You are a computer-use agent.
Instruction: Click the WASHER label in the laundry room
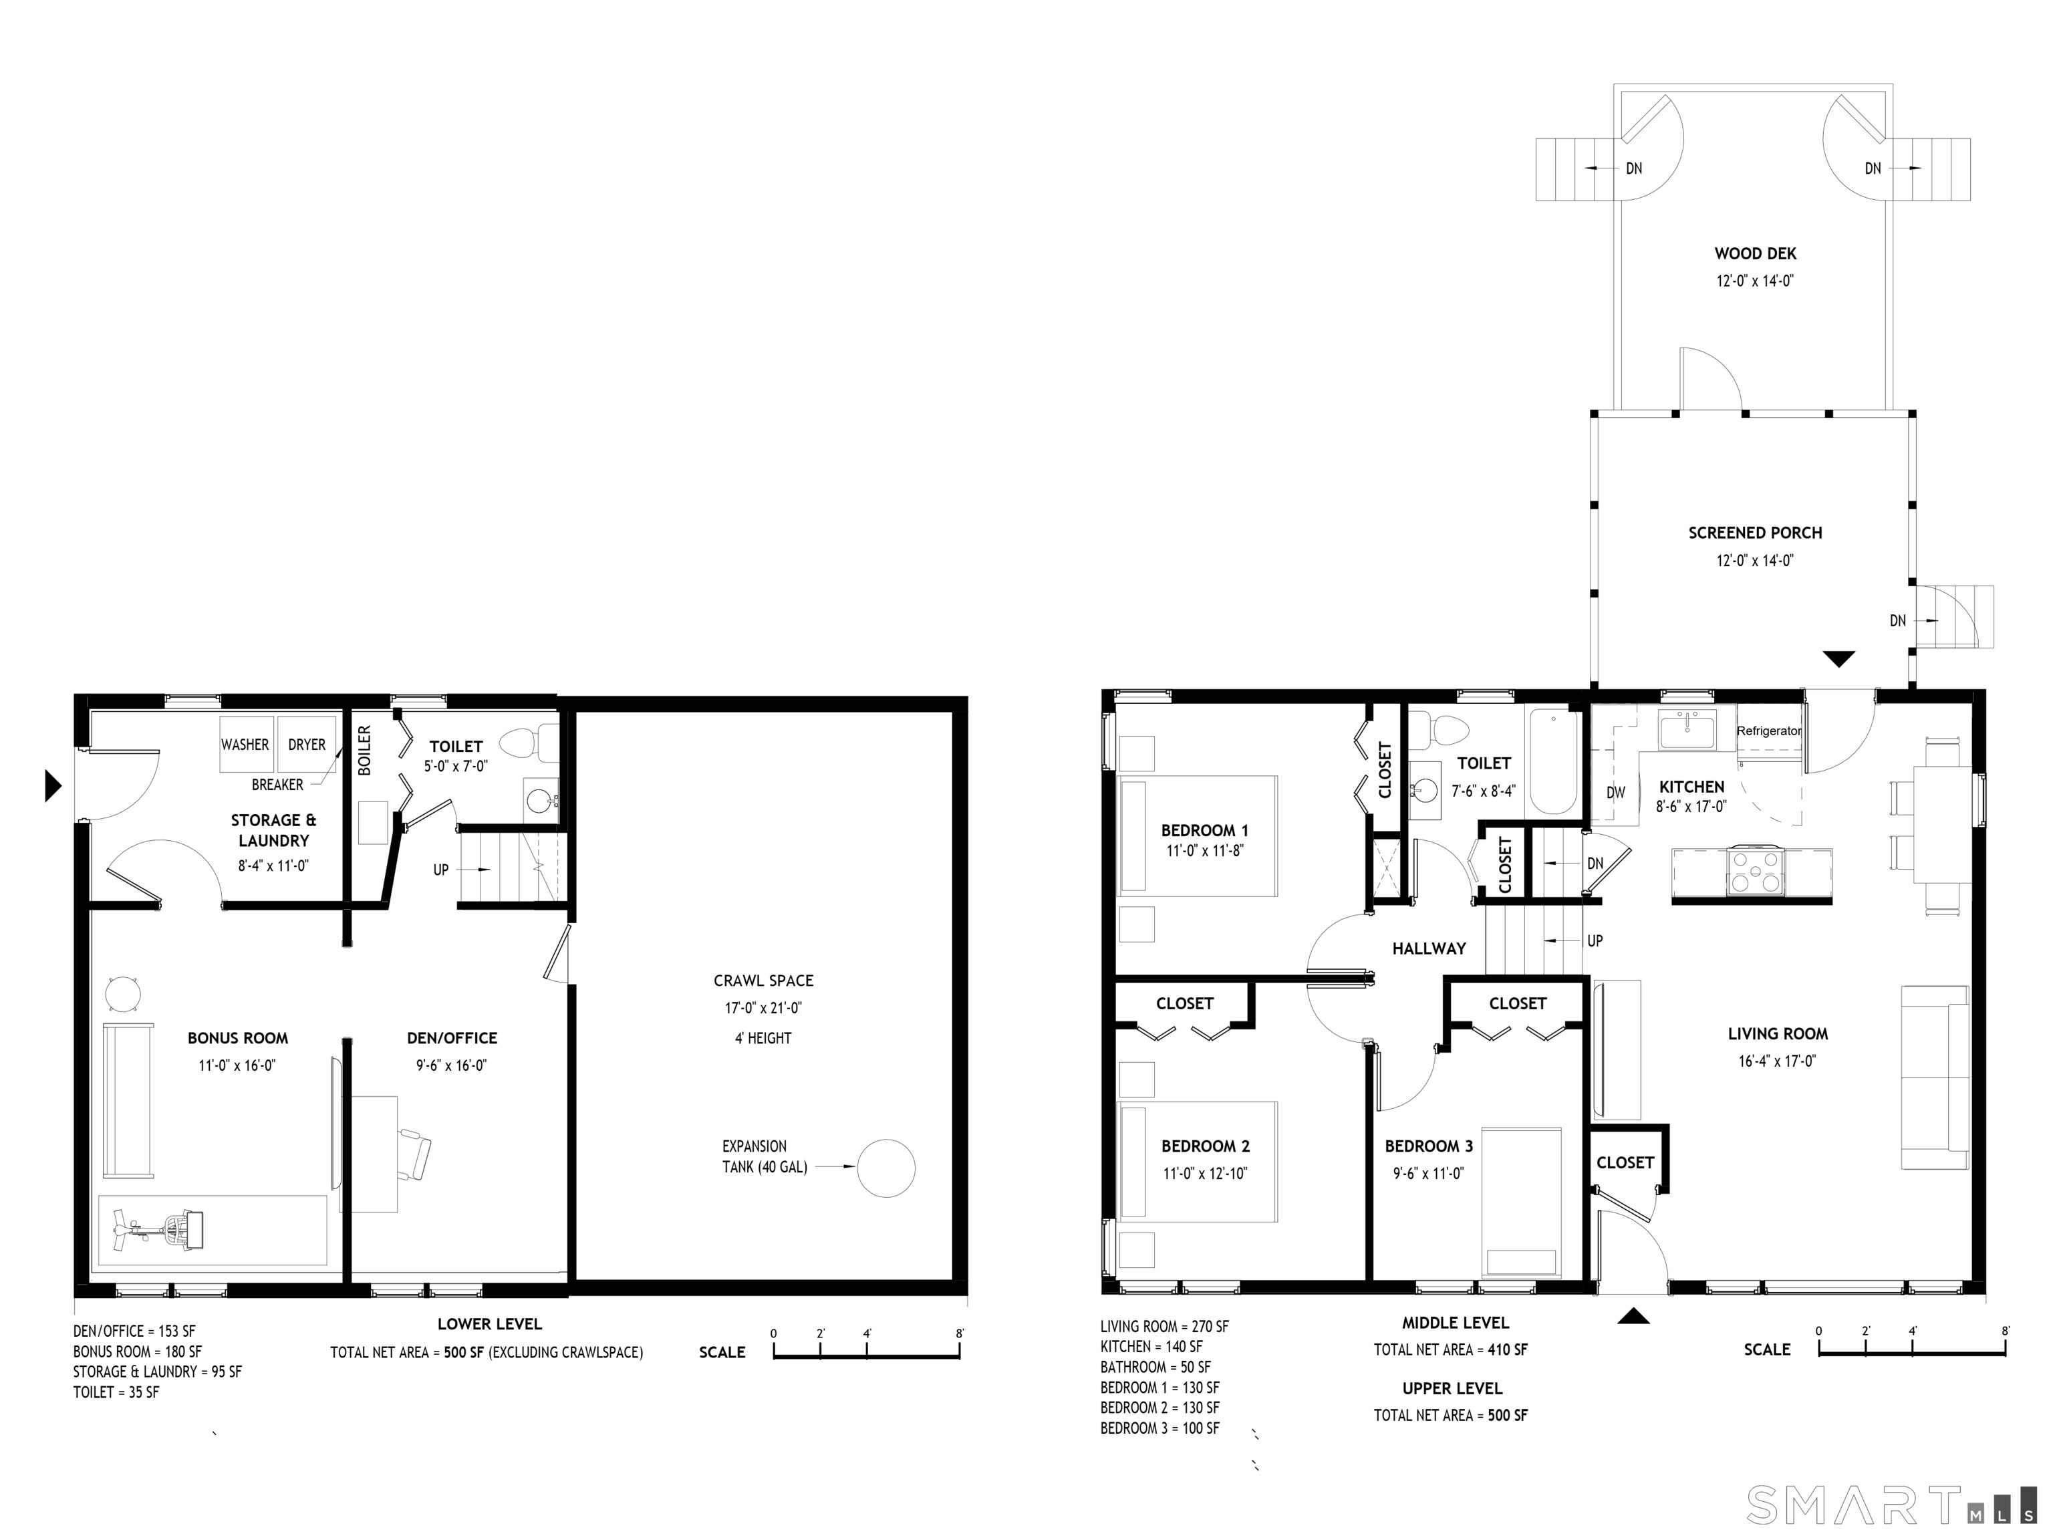[245, 745]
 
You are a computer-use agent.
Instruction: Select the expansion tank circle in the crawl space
[885, 1168]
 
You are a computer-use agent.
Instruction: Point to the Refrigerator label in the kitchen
[1769, 731]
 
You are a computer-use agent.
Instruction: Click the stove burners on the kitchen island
[1754, 872]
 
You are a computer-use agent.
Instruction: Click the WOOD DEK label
[1755, 253]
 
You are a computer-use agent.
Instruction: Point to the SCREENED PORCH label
[1755, 533]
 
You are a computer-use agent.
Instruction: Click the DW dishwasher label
[1616, 793]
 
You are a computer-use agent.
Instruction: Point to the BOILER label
[364, 750]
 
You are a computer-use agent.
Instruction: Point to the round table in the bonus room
[124, 994]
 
